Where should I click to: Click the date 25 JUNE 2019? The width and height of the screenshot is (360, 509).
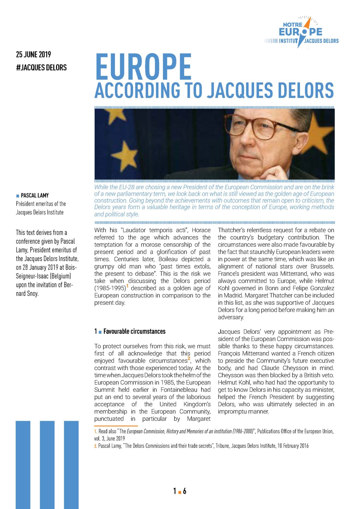[x=33, y=55]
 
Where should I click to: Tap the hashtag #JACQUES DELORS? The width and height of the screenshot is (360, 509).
[x=41, y=68]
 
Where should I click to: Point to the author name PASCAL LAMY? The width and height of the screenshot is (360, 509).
[x=35, y=196]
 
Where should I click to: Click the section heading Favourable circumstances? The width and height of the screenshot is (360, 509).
[x=134, y=331]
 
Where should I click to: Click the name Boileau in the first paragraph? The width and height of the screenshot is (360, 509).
[x=167, y=259]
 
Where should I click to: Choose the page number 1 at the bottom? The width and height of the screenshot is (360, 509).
[x=175, y=491]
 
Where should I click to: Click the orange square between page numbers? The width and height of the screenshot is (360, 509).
[x=179, y=492]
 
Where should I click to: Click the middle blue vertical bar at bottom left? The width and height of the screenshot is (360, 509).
[x=47, y=464]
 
